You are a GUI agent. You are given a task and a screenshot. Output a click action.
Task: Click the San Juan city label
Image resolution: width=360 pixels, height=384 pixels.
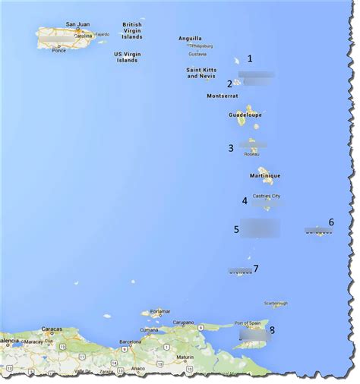coord(77,24)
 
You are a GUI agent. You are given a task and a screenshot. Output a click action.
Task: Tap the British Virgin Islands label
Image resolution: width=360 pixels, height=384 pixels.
coord(132,30)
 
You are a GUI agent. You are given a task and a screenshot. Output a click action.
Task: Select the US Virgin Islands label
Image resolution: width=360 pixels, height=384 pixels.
coord(128,57)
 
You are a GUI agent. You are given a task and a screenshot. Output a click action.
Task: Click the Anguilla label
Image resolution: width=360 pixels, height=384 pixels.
coord(190,38)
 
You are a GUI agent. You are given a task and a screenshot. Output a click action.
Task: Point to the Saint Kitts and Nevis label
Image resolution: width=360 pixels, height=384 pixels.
coord(202,73)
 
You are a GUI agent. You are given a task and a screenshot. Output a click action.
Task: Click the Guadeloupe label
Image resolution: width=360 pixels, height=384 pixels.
coord(245,115)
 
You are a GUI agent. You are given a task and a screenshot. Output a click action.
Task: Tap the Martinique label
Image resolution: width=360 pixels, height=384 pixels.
coord(265,175)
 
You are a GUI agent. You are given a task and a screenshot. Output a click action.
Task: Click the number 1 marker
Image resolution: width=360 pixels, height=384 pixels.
coord(250,58)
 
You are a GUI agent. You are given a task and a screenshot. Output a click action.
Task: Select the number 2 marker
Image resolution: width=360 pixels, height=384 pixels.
coord(229,83)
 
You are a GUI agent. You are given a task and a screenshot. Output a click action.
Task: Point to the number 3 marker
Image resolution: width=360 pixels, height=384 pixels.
coord(231,148)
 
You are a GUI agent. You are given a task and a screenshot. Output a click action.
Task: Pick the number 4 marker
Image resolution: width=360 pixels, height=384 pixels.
coord(245,201)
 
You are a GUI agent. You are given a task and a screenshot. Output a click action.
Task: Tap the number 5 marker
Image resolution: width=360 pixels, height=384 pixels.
coord(236,228)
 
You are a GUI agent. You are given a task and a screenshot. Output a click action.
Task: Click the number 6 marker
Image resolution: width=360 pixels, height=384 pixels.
coord(330,222)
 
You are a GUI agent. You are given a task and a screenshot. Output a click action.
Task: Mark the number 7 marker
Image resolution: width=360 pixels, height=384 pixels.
coord(256,268)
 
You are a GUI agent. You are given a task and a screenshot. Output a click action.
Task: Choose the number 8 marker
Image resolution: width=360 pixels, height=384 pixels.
coord(272,329)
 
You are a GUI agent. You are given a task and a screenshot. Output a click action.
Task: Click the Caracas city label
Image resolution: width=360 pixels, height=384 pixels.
coord(52,329)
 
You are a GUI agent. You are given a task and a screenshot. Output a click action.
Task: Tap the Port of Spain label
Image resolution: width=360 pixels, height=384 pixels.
coord(248,323)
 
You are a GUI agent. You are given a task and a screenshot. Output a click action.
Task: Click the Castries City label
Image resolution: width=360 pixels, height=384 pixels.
coord(265,196)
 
